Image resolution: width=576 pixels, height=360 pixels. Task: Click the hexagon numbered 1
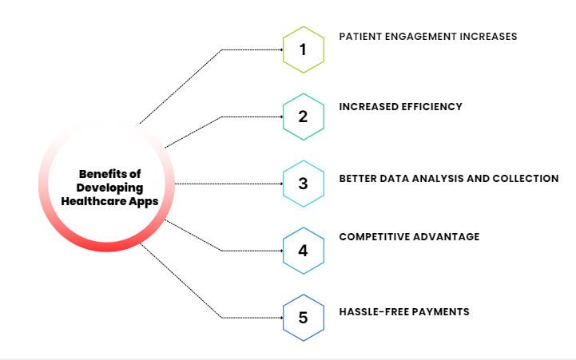[x=303, y=49]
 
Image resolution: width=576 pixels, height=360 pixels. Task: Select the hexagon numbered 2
[x=303, y=117]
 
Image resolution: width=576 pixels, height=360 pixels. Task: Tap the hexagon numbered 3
[x=303, y=184]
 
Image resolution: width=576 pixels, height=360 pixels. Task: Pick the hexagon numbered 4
[x=303, y=251]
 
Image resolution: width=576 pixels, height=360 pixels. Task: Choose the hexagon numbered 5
[x=303, y=318]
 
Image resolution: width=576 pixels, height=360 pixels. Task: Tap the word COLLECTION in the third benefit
[x=525, y=178]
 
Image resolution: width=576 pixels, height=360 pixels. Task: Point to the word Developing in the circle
[x=109, y=188]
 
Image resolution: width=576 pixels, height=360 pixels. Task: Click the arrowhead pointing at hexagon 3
[x=281, y=184]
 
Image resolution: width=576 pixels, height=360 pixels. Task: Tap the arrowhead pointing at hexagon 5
[x=281, y=318]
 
